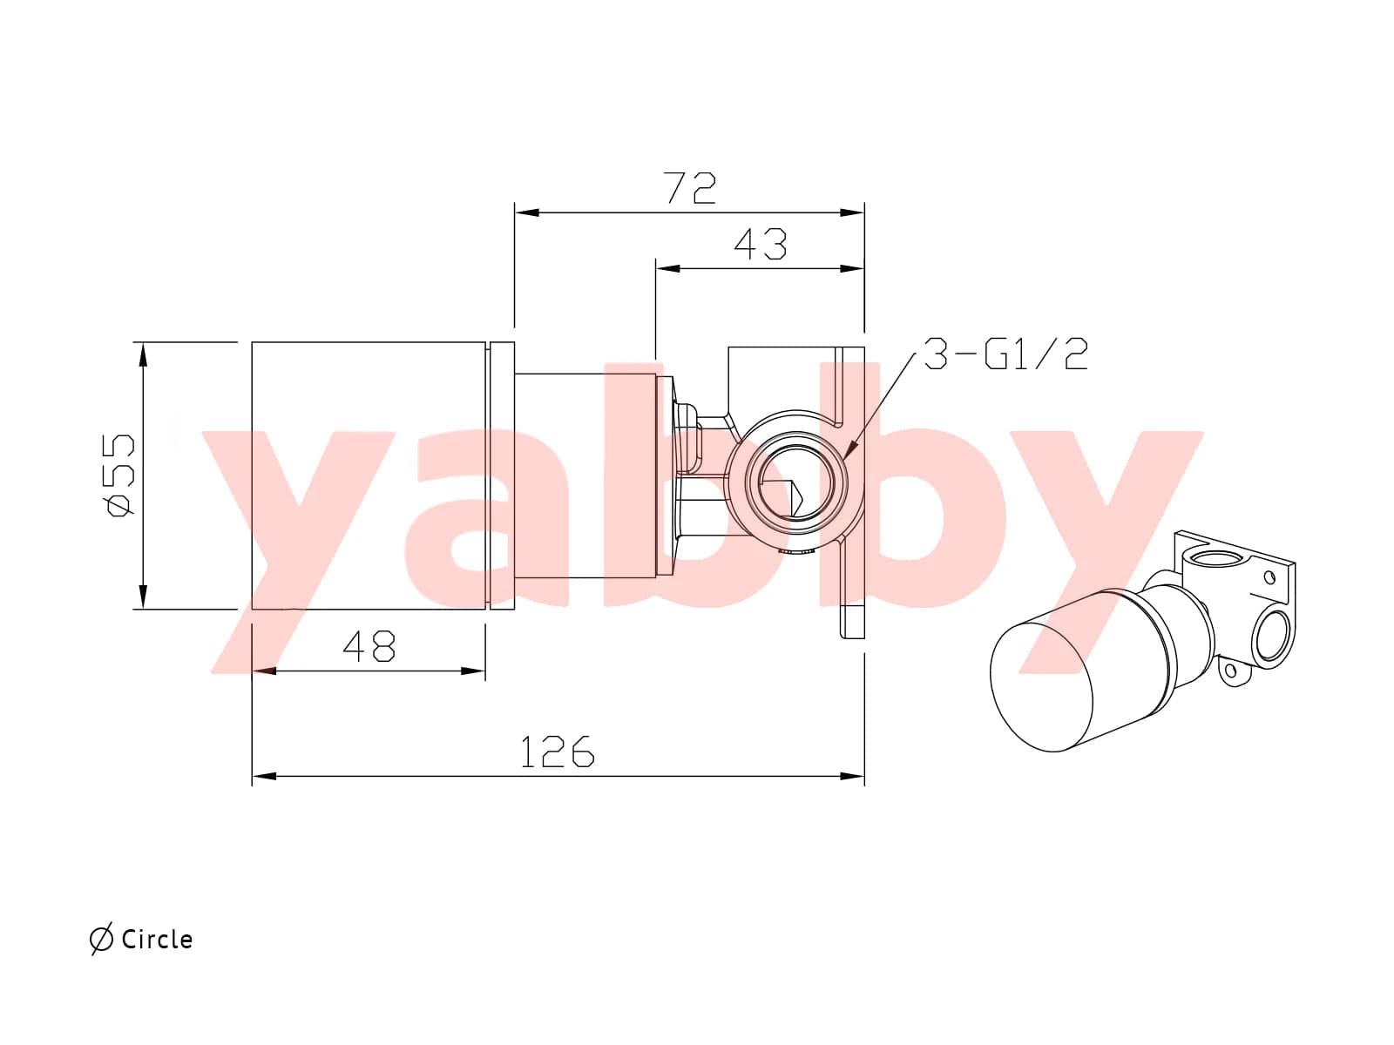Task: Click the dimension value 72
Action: pos(690,187)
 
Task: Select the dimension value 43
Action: pos(761,244)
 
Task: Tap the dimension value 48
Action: pos(369,646)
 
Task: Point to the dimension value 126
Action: pos(557,752)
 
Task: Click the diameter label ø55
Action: pos(120,475)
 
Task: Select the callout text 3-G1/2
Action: pos(1005,354)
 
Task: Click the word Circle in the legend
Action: pos(157,940)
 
